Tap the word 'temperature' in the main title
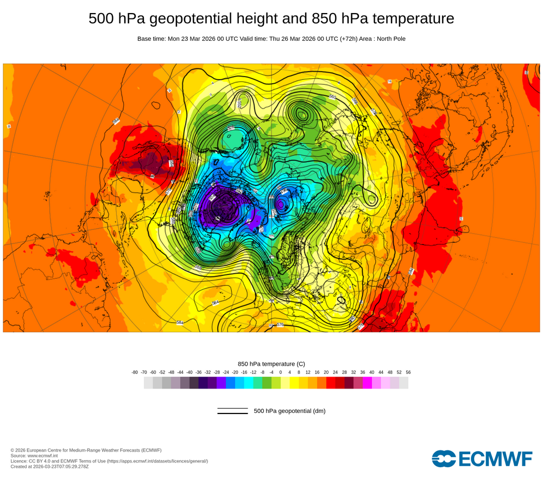pos(413,19)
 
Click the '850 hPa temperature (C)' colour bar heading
pos(271,363)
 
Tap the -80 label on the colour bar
pos(135,372)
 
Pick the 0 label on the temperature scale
pos(281,372)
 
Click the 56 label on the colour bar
pos(408,372)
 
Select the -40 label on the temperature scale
pos(190,372)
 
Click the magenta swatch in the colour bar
pos(367,383)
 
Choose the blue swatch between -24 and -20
pos(230,383)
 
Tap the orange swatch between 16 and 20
pos(321,383)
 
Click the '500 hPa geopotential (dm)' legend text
pos(289,411)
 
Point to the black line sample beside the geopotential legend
pos(232,411)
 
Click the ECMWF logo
pos(482,459)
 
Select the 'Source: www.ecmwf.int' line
pos(36,455)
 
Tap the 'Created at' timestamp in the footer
pos(49,466)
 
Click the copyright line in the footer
pos(86,450)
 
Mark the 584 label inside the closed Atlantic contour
pos(216,303)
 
